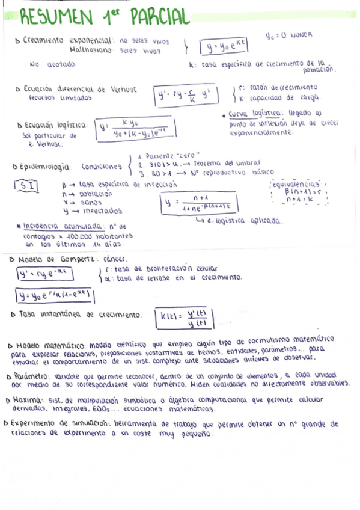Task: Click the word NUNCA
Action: click(300, 35)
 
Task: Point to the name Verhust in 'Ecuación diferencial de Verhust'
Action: click(124, 89)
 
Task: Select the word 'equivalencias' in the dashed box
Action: click(296, 183)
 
